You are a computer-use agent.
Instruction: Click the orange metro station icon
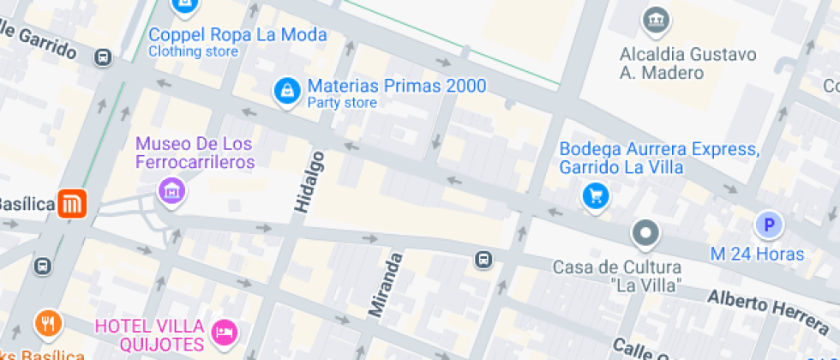pos(72,204)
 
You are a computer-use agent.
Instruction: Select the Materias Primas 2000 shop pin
pos(286,91)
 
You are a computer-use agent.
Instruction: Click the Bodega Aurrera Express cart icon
pos(595,196)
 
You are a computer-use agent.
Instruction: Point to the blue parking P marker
pos(769,225)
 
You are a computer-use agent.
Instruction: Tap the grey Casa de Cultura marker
pos(645,232)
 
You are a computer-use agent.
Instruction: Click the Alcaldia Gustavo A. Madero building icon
pos(656,18)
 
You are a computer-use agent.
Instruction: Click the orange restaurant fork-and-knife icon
pos(48,324)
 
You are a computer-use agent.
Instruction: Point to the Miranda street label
pos(385,285)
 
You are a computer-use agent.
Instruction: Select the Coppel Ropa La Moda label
pos(237,35)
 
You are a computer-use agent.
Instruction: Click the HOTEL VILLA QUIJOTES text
pos(150,335)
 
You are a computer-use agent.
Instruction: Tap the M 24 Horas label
pos(757,254)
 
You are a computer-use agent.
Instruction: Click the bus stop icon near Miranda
pos(483,259)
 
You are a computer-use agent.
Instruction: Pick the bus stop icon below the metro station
pos(43,267)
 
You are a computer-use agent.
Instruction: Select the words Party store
pos(342,104)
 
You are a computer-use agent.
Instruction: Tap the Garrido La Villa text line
pos(621,167)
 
